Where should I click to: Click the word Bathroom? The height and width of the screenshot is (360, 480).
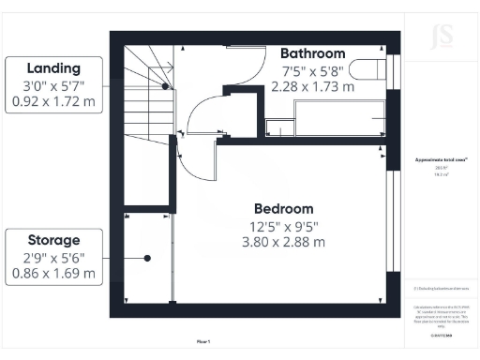[312, 53]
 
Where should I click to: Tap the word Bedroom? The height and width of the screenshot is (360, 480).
[283, 208]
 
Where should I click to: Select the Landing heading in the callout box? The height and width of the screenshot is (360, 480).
[53, 67]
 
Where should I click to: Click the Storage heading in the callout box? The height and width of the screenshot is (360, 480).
[53, 240]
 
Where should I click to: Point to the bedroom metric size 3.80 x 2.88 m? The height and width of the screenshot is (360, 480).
[283, 242]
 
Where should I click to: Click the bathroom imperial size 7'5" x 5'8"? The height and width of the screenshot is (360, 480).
[312, 70]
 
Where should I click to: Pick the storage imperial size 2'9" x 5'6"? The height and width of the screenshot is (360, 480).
[53, 257]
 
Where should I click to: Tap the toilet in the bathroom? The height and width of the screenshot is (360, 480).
[375, 69]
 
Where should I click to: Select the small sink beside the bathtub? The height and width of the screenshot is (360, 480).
[279, 127]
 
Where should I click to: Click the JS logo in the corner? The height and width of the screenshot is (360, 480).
[441, 37]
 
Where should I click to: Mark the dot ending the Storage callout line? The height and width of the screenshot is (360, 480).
[147, 257]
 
